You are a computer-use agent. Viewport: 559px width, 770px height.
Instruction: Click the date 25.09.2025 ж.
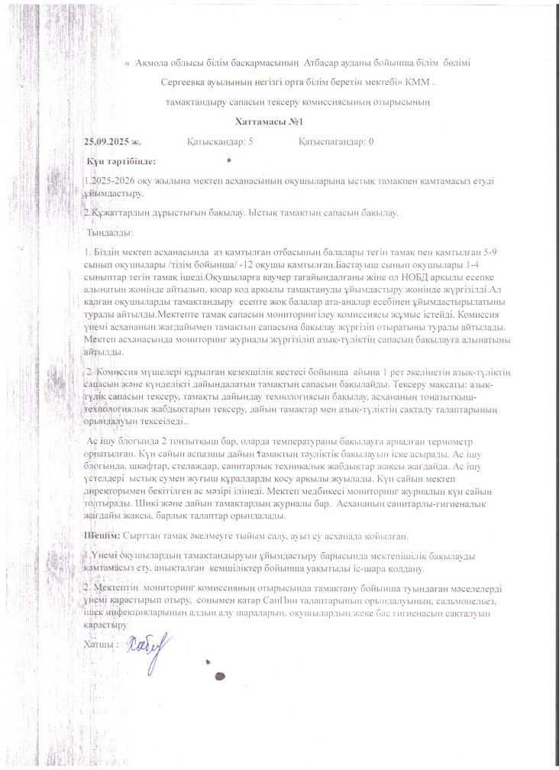[113, 142]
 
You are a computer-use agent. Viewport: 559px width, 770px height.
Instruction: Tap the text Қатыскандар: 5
[220, 142]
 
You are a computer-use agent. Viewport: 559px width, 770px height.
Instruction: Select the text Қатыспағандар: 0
[336, 142]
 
